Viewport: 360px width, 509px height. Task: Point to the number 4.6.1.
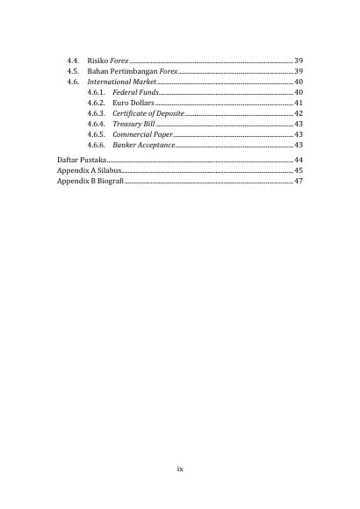[x=97, y=92]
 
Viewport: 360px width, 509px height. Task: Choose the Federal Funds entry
[x=135, y=92]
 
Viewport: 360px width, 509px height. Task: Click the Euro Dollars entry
[x=133, y=103]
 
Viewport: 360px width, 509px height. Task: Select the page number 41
[x=299, y=103]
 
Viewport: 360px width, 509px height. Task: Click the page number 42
[x=299, y=113]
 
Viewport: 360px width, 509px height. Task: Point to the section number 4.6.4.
[x=97, y=124]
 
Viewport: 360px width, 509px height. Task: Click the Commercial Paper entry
[x=143, y=134]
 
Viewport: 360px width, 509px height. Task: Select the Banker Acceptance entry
[x=144, y=145]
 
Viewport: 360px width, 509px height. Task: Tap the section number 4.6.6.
[x=97, y=145]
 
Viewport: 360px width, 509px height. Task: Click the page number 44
[x=299, y=160]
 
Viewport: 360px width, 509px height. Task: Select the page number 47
[x=299, y=181]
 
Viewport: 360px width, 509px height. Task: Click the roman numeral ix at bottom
[x=180, y=469]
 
